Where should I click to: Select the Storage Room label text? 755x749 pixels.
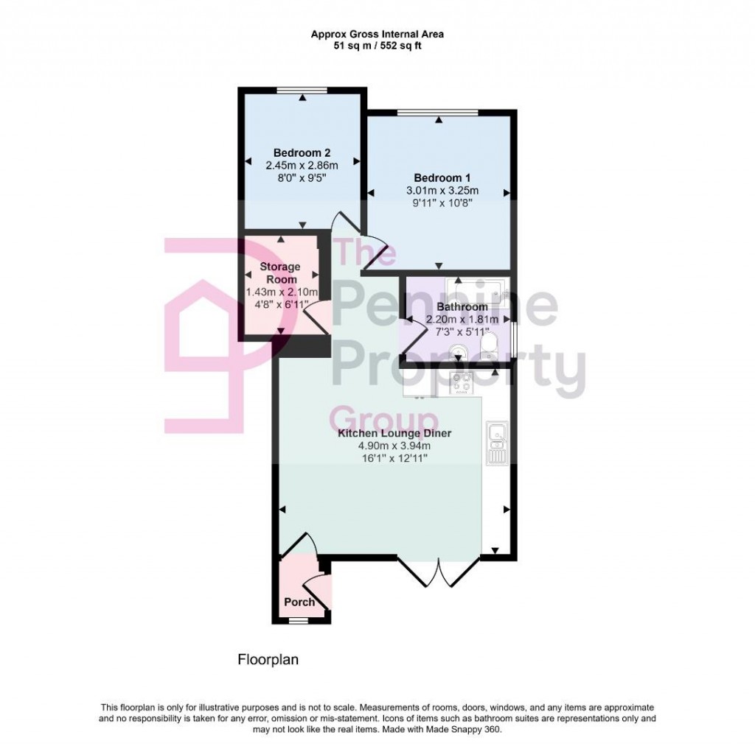280,272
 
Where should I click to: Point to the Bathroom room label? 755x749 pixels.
462,307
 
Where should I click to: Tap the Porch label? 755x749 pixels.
299,602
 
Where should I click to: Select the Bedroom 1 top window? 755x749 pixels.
437,113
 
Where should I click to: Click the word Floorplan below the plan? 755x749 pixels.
268,660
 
